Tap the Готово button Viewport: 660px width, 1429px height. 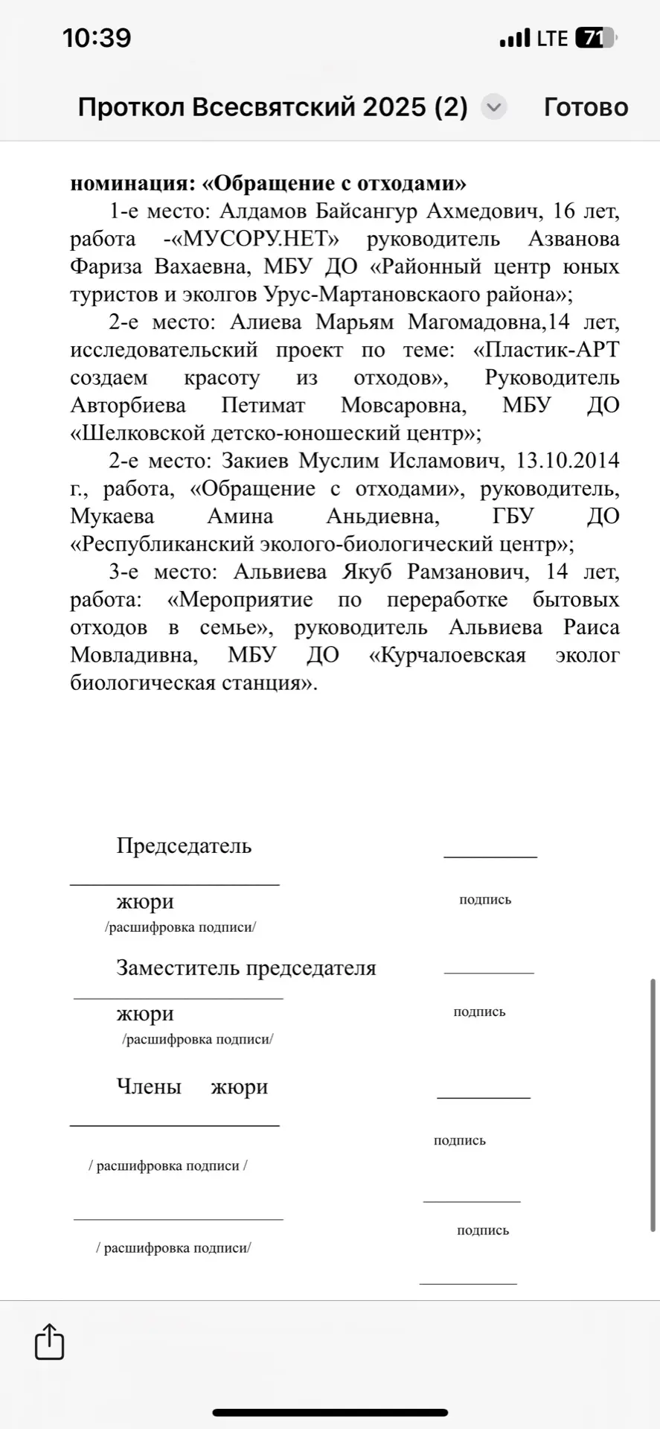(586, 107)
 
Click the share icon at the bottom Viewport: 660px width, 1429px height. (50, 1341)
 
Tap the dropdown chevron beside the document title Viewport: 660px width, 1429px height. (493, 107)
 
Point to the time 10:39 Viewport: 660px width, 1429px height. (97, 38)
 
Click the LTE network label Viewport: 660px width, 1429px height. (552, 38)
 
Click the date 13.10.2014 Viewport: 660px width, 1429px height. (568, 461)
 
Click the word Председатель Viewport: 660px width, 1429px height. (184, 845)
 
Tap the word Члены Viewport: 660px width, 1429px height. (149, 1087)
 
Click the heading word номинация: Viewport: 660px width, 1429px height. (131, 183)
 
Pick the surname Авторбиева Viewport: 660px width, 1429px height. (128, 406)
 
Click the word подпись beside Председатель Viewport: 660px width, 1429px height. (485, 899)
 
